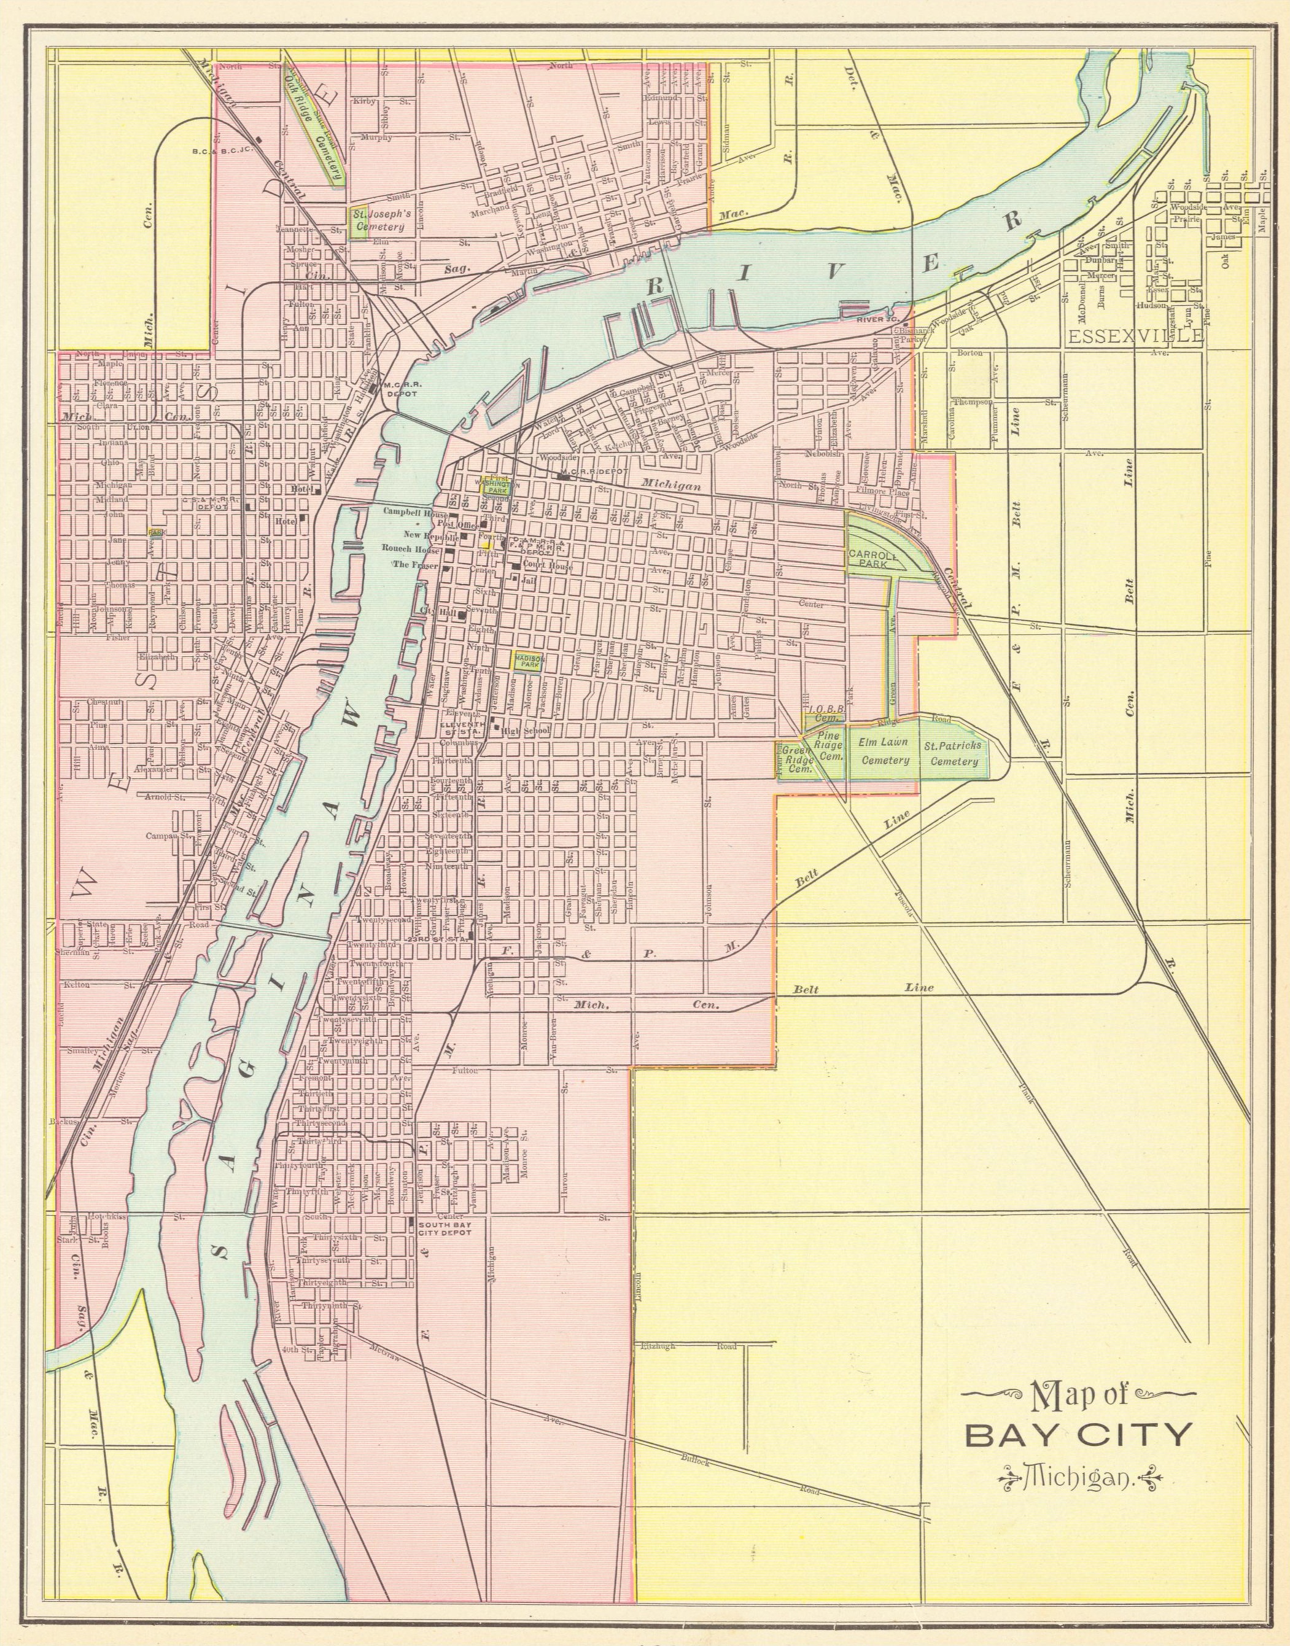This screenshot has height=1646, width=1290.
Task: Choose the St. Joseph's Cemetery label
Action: (381, 220)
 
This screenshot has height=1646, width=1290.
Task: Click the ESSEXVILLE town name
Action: (1135, 336)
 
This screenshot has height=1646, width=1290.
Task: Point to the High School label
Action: (525, 730)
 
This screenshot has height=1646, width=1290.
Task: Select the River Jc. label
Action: (876, 320)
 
